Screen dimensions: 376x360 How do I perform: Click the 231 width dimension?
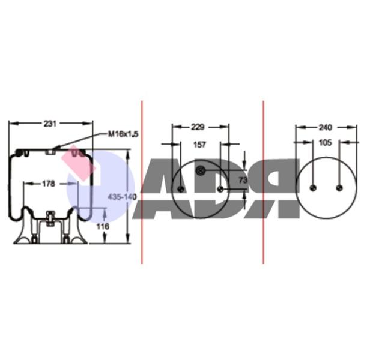(50, 124)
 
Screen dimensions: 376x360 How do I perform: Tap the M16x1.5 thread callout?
(123, 134)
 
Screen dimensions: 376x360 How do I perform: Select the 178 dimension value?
(49, 184)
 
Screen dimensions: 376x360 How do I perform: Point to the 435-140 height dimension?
(122, 197)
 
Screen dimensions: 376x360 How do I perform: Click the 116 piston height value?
(103, 226)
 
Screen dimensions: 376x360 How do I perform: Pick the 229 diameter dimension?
(198, 127)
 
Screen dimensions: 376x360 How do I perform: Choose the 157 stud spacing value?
(200, 145)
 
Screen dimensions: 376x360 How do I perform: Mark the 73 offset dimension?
(243, 180)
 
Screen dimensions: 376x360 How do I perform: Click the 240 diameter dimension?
(325, 128)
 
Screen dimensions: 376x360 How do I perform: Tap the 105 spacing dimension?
(325, 143)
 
